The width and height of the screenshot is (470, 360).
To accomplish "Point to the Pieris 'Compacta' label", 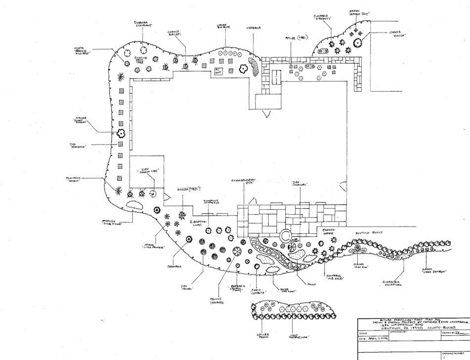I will tap(258, 294).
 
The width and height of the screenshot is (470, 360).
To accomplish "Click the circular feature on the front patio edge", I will tap(285, 235).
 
